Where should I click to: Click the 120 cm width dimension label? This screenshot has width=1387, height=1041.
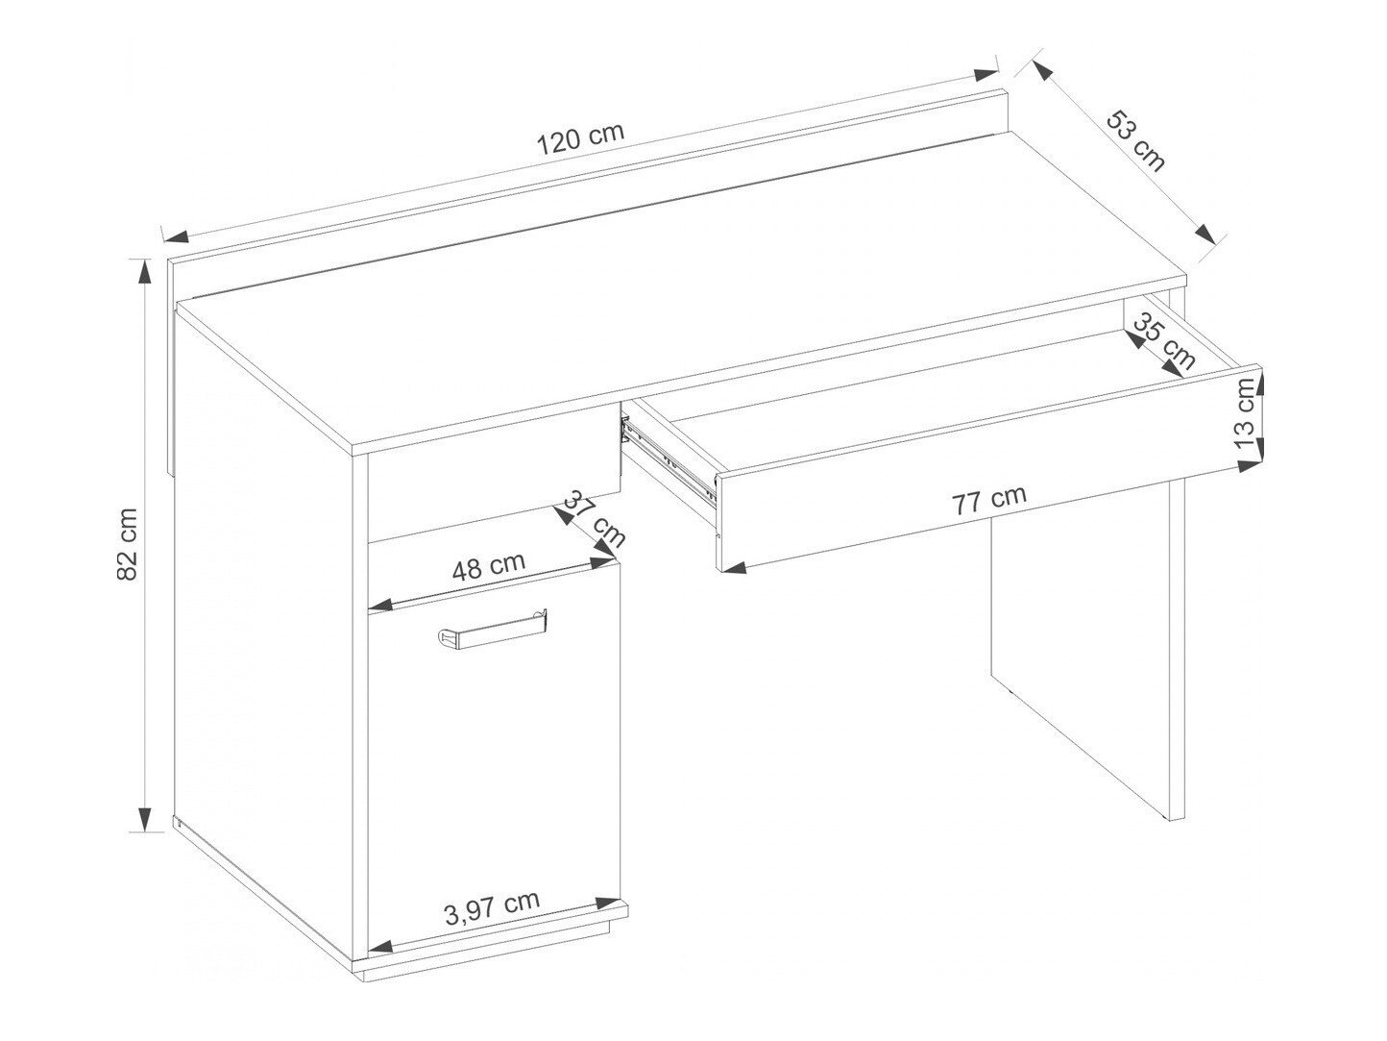point(580,138)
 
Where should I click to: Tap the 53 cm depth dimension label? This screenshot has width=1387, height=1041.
point(1135,141)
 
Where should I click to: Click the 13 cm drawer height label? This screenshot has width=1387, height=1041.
point(1246,414)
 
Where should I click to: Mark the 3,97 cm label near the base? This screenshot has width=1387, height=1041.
point(492,906)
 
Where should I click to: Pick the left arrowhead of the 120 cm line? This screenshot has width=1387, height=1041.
point(175,236)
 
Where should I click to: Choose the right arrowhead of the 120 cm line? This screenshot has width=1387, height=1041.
point(986,75)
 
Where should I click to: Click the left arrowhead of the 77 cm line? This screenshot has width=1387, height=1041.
point(732,567)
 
